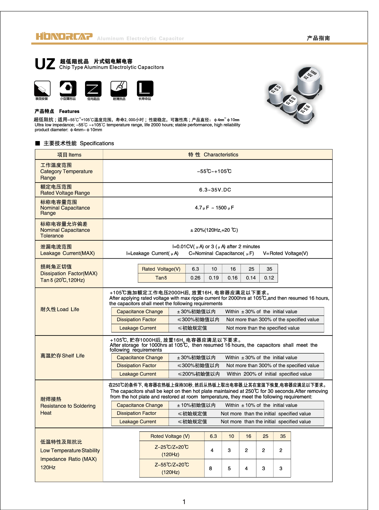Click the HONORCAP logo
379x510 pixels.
tap(64, 36)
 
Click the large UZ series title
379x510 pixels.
tap(45, 64)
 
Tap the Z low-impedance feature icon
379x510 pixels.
tap(93, 89)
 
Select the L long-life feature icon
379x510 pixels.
tap(145, 89)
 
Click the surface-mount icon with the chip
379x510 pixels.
tap(42, 89)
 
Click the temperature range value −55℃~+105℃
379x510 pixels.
tap(214, 171)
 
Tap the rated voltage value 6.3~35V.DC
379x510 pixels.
tap(215, 190)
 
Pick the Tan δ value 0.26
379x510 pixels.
tap(195, 278)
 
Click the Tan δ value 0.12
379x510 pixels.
tap(269, 278)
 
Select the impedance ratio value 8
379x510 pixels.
tap(210, 469)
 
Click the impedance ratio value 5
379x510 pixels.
tap(229, 469)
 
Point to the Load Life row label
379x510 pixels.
tap(60, 309)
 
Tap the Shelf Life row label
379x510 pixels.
tap(63, 356)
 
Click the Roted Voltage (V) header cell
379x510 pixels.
tap(170, 436)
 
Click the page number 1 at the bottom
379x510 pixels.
tap(184, 502)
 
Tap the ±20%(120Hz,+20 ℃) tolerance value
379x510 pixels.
tap(214, 230)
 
